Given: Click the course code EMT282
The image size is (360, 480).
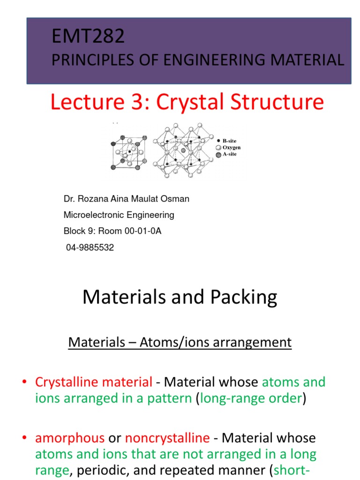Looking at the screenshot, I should coord(89,37).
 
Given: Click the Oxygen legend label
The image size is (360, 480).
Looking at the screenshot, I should coord(232,148).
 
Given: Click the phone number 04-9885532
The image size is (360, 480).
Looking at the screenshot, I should coord(90,247).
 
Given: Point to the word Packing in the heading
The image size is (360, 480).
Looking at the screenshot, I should coord(245,297).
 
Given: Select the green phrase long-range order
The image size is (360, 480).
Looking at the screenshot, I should coord(252,399).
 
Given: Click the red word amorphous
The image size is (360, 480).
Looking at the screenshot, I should coord(70,438).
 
